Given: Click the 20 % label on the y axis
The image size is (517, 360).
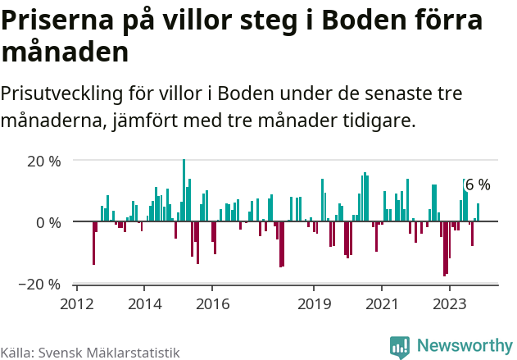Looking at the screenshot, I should [43, 162].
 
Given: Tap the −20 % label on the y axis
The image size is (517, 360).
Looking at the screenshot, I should [41, 285].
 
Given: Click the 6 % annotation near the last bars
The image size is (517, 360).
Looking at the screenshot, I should [478, 185].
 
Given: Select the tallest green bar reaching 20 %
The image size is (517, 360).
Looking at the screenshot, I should [184, 190].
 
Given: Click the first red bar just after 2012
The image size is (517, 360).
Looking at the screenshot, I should [93, 243].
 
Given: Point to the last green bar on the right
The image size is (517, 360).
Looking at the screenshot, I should [478, 212].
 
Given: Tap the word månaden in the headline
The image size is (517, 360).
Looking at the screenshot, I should [66, 53].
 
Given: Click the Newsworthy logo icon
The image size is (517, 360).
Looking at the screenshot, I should [400, 347].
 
